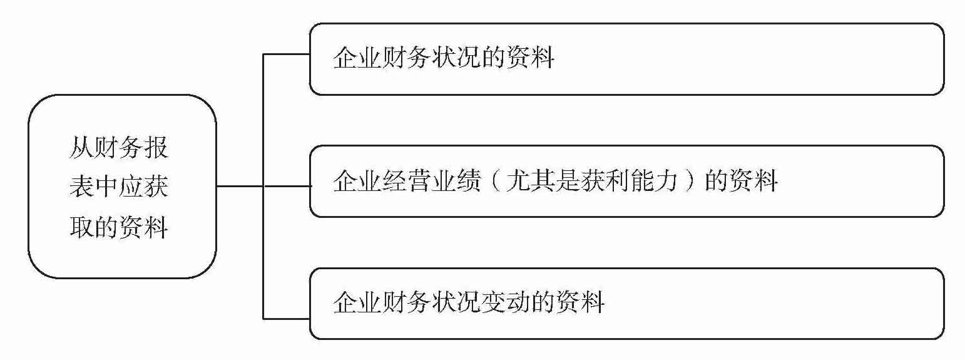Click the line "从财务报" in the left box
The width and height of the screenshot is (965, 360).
[119, 150]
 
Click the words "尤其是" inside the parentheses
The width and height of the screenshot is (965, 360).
[548, 182]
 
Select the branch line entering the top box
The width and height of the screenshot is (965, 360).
[287, 54]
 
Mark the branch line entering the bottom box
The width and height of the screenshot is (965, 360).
[287, 319]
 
